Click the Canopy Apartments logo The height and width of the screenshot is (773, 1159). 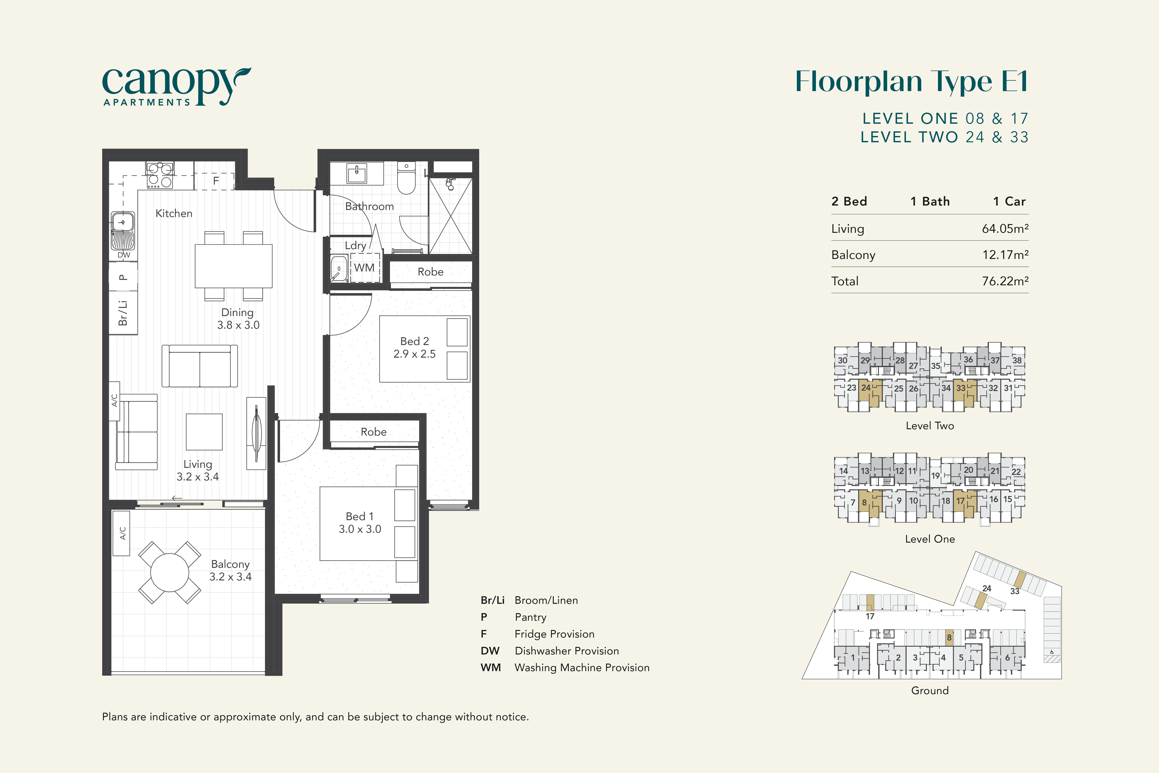pos(176,87)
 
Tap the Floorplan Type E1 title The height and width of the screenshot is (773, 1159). pos(912,81)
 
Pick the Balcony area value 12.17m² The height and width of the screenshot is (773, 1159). pos(1005,255)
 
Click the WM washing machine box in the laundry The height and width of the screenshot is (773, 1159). pos(365,268)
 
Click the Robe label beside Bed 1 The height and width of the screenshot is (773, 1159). pos(373,432)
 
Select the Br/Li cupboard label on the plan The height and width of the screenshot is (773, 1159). pos(123,313)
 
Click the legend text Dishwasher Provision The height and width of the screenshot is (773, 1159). pos(567,651)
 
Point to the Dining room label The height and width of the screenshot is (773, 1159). pos(238,313)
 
